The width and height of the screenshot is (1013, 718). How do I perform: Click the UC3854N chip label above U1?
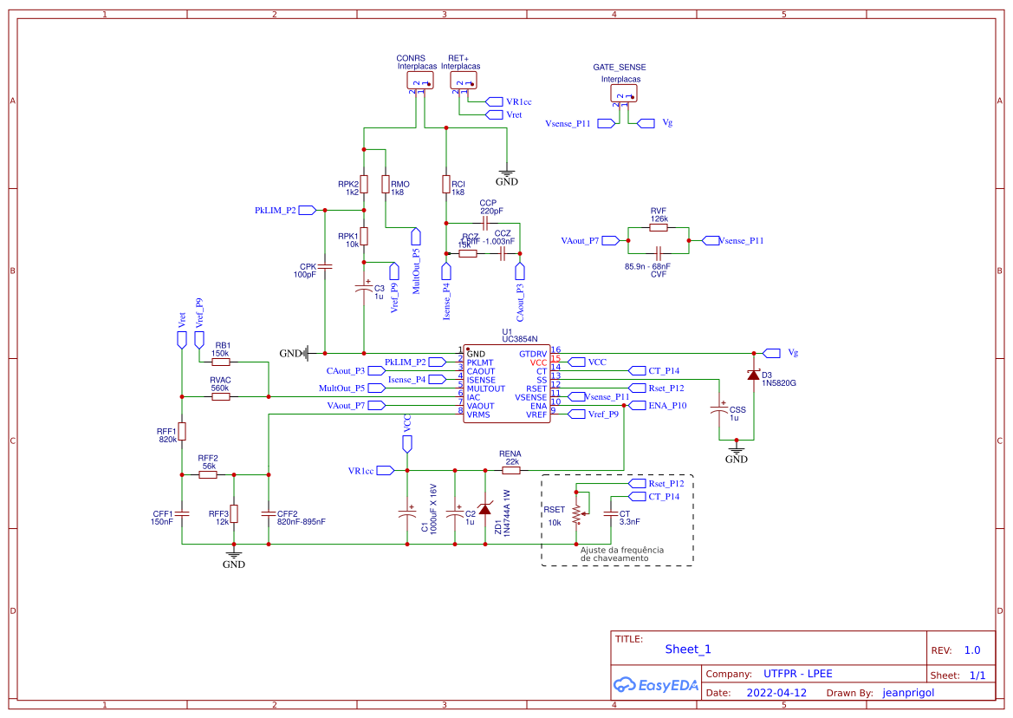[520, 339]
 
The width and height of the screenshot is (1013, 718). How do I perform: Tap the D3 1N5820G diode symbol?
[753, 375]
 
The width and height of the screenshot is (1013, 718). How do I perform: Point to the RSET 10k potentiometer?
[576, 512]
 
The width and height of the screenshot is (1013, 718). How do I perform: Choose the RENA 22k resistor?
[511, 471]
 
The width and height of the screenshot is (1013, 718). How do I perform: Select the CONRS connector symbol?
[419, 81]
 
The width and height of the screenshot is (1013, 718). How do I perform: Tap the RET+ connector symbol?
[463, 81]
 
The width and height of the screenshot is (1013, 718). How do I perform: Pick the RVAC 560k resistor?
[220, 397]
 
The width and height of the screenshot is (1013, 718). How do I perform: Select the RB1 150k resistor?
[220, 362]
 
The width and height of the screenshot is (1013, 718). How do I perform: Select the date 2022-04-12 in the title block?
[776, 693]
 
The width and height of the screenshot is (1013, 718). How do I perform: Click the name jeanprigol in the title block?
[908, 693]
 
